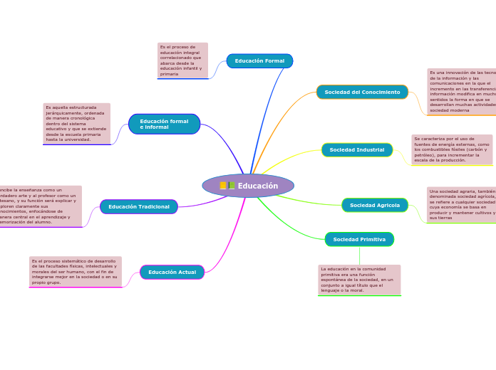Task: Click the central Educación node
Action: click(x=248, y=186)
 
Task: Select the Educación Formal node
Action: click(x=259, y=61)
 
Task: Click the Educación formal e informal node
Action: click(x=164, y=124)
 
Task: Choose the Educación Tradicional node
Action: click(x=139, y=207)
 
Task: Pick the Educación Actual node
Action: click(x=172, y=272)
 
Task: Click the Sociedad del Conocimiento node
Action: click(x=362, y=92)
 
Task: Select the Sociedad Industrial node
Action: click(x=356, y=150)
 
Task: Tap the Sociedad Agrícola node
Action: click(x=375, y=205)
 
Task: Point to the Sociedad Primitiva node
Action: click(x=359, y=239)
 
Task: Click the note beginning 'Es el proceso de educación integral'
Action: click(x=182, y=60)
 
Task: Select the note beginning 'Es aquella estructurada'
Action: click(x=77, y=124)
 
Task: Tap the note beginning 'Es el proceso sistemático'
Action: click(x=75, y=272)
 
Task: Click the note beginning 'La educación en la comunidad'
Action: click(x=359, y=280)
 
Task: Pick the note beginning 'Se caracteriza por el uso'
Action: click(x=452, y=149)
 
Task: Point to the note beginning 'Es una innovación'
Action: click(x=462, y=92)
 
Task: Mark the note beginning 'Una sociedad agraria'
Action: click(x=462, y=205)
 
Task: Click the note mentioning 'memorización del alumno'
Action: click(x=39, y=206)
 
